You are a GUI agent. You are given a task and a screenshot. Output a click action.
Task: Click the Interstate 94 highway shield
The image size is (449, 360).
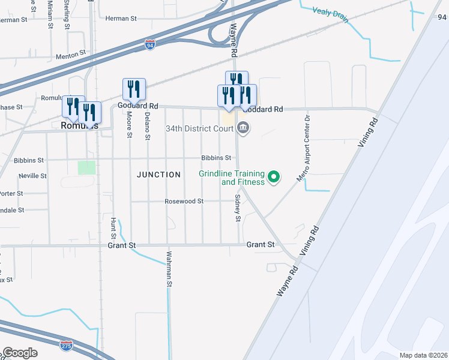point(150,45)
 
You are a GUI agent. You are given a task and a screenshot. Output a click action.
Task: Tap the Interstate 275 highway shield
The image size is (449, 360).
point(67,345)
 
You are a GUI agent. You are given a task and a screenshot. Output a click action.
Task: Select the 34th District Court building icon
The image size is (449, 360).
point(244,127)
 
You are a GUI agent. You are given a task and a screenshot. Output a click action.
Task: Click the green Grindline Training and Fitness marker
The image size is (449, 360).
point(274,176)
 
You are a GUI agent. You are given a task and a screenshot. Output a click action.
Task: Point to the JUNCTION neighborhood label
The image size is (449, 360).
point(158,175)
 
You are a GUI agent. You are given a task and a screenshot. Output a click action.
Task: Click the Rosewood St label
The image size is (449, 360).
point(184,202)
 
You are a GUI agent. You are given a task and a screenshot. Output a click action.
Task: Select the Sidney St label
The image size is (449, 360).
point(238,208)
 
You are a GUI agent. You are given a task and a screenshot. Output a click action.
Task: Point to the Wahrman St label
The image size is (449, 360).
point(169,268)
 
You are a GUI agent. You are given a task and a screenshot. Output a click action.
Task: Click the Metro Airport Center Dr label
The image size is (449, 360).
point(303,148)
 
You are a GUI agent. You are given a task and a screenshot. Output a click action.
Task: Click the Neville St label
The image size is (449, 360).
point(33,176)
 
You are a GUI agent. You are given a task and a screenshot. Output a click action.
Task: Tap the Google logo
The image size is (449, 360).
point(20,352)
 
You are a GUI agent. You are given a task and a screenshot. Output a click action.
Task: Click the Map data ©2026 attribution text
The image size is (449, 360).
point(423,355)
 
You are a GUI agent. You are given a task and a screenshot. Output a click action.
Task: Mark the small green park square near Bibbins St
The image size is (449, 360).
point(86,167)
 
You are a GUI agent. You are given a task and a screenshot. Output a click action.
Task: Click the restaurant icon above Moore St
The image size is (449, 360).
point(134,89)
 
